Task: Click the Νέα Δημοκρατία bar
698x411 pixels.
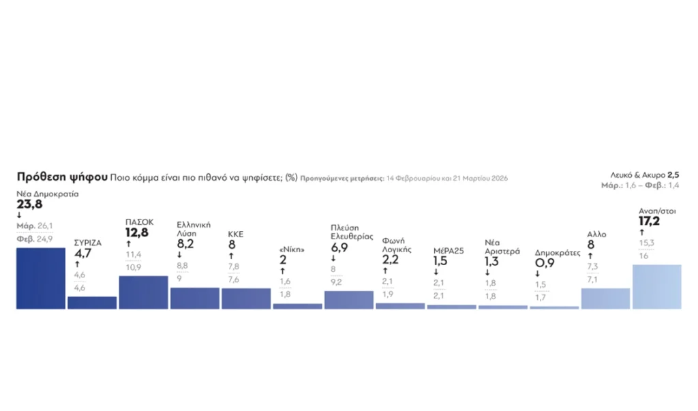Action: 41,278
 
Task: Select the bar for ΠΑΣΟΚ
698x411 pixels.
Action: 143,292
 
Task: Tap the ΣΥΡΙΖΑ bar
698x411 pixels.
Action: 92,303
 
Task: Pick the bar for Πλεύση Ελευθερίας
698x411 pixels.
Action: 349,300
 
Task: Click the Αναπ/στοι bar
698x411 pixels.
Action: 656,287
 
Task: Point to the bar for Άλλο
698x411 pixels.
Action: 605,299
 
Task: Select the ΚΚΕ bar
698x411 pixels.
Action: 246,299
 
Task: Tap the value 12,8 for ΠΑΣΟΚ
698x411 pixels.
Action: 137,232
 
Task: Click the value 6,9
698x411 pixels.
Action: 339,247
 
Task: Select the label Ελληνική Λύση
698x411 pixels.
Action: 193,228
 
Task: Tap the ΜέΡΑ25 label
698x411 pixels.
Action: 449,250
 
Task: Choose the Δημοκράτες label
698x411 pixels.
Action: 558,252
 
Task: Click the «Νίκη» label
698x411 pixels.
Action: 292,249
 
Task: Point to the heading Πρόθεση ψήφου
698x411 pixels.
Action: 61,177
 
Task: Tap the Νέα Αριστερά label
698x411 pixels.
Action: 502,246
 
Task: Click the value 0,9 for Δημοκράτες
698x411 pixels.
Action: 545,263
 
